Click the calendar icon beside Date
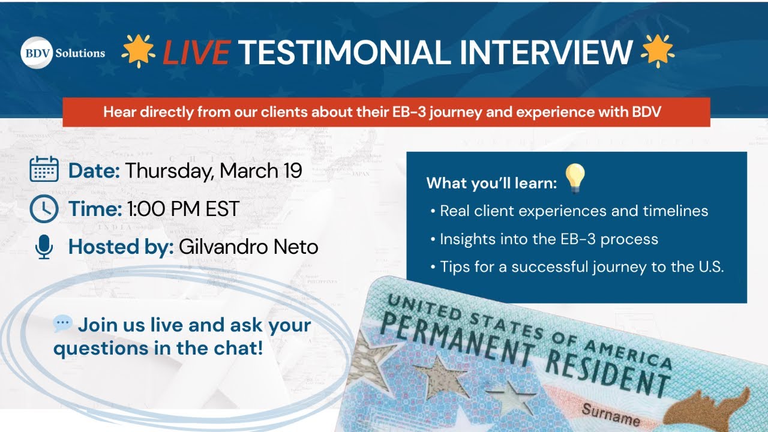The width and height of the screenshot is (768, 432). point(44,170)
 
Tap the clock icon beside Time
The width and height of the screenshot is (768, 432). point(44,209)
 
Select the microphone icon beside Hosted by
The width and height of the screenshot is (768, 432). point(44,247)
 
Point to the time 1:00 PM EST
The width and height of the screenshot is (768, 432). point(183,209)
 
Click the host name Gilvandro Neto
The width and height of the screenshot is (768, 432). point(248,247)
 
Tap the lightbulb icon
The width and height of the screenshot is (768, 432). point(575,179)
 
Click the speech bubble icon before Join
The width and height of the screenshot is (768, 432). point(62,325)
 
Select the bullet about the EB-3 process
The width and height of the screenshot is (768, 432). point(548,239)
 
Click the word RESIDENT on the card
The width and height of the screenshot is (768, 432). point(606,365)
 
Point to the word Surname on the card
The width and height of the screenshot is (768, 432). point(610,414)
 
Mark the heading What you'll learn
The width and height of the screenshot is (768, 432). point(491,183)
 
